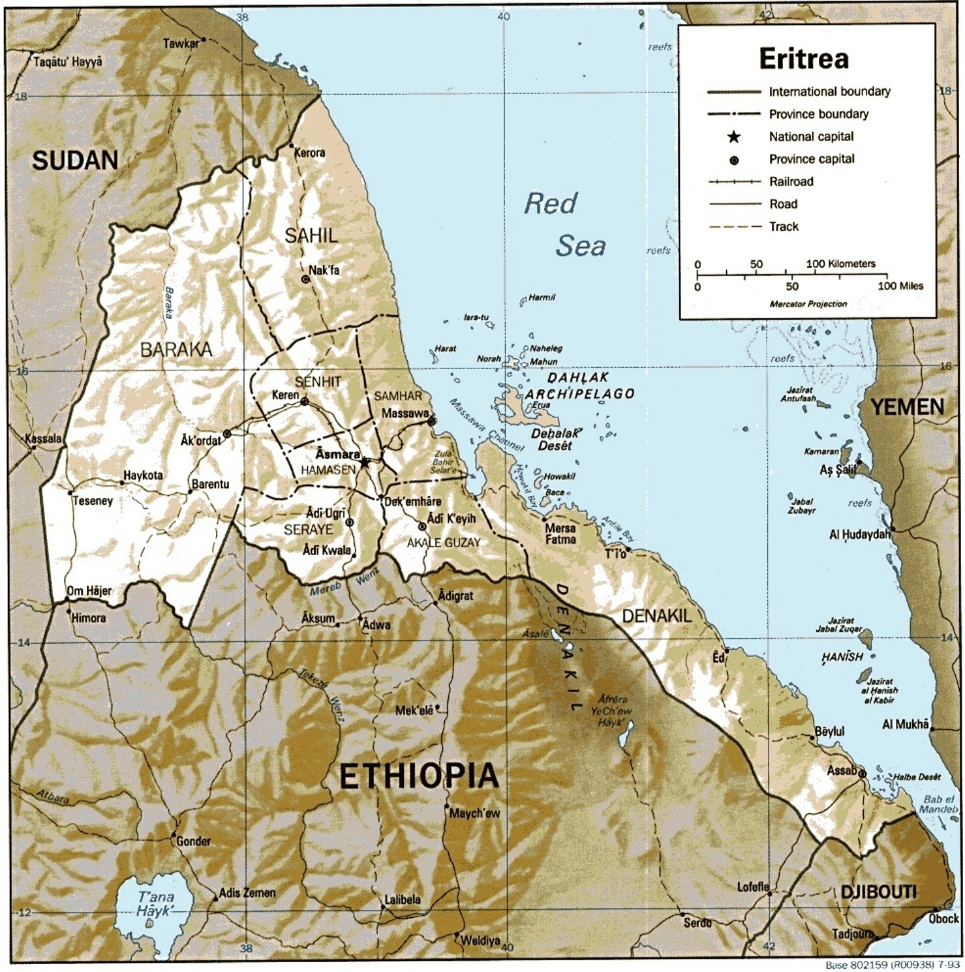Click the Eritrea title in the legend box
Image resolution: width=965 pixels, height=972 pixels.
pos(804,59)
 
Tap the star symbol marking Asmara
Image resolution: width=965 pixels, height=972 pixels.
pos(364,462)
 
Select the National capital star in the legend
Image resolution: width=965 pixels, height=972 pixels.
pos(734,137)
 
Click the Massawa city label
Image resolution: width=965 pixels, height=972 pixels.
pos(405,414)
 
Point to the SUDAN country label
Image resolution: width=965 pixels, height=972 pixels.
pos(75,160)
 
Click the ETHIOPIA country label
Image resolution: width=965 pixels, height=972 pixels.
pos(419,776)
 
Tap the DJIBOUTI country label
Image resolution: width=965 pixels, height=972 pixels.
pos(878,892)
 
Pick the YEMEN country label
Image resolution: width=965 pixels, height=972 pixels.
pos(908,408)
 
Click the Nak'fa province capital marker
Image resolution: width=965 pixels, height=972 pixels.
pos(305,279)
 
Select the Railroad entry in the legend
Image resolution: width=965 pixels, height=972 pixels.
pos(791,182)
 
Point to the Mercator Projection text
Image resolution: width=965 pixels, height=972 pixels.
pos(808,304)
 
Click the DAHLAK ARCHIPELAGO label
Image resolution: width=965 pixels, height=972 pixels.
pos(579,386)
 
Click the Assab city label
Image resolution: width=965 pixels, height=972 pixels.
pos(841,770)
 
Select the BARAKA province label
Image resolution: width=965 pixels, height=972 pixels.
pos(176,350)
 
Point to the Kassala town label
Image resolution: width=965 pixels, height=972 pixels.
pos(43,438)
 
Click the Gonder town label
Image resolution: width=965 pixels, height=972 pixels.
pos(193,842)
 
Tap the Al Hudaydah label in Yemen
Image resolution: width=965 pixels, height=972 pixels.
pos(859,535)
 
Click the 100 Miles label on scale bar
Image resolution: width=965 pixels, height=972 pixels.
pos(900,286)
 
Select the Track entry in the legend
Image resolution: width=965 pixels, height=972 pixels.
pos(783,227)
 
